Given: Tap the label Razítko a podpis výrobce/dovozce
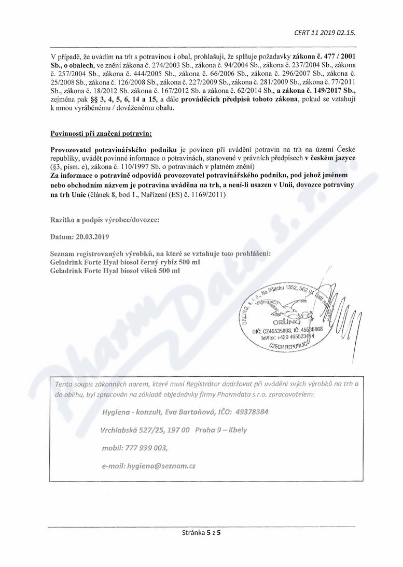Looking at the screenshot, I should pos(105,219).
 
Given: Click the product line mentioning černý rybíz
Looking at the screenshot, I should pos(125,262).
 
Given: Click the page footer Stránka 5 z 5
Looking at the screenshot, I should pos(201,532).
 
